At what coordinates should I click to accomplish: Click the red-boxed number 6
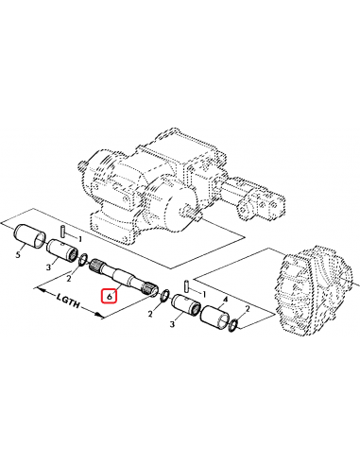point(110,295)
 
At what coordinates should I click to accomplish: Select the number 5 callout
point(19,254)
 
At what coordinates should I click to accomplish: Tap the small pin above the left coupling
point(62,231)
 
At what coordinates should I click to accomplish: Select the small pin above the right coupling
point(187,283)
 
